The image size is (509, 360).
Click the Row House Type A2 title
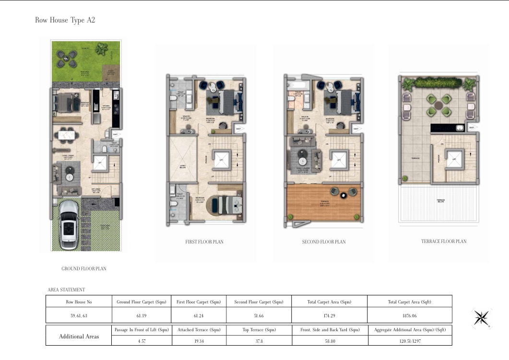[x=65, y=20]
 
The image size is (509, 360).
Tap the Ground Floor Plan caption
[x=84, y=269]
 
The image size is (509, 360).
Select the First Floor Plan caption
[x=204, y=242]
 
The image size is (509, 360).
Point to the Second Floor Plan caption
[x=324, y=242]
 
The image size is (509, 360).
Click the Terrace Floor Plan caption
[x=443, y=242]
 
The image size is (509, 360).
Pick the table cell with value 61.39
[x=141, y=315]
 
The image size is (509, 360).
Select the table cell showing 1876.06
[x=409, y=315]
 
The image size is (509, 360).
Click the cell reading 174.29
[x=329, y=315]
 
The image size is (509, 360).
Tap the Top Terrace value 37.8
[x=259, y=341]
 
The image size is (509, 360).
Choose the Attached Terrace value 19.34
[x=199, y=341]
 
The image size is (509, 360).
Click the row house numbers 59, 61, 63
[x=79, y=315]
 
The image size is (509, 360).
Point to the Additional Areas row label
[x=79, y=336]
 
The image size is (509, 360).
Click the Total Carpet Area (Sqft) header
[x=409, y=302]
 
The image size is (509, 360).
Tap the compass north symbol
[x=481, y=318]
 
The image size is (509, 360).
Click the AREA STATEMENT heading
[x=66, y=290]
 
